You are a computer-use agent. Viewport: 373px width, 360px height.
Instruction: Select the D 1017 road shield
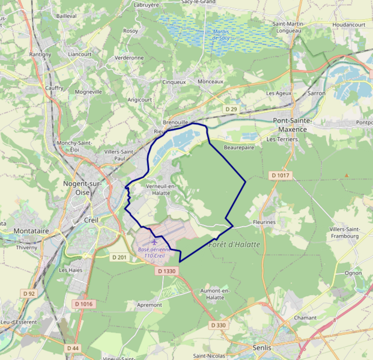280,175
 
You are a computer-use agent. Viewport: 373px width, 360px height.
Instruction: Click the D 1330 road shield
167,271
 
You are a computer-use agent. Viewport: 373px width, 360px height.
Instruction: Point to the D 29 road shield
231,109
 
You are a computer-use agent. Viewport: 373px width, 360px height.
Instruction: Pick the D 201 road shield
120,257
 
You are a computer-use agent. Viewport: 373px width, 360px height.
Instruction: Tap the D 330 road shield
219,325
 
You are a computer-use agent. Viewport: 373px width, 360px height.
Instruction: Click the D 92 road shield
28,293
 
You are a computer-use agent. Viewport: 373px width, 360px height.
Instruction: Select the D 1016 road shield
84,304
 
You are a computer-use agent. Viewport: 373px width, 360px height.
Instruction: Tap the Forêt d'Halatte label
234,245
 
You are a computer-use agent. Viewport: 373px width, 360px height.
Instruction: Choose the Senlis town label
261,347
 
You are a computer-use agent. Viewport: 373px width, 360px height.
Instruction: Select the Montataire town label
31,230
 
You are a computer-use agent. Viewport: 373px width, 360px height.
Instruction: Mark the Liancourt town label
80,53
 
